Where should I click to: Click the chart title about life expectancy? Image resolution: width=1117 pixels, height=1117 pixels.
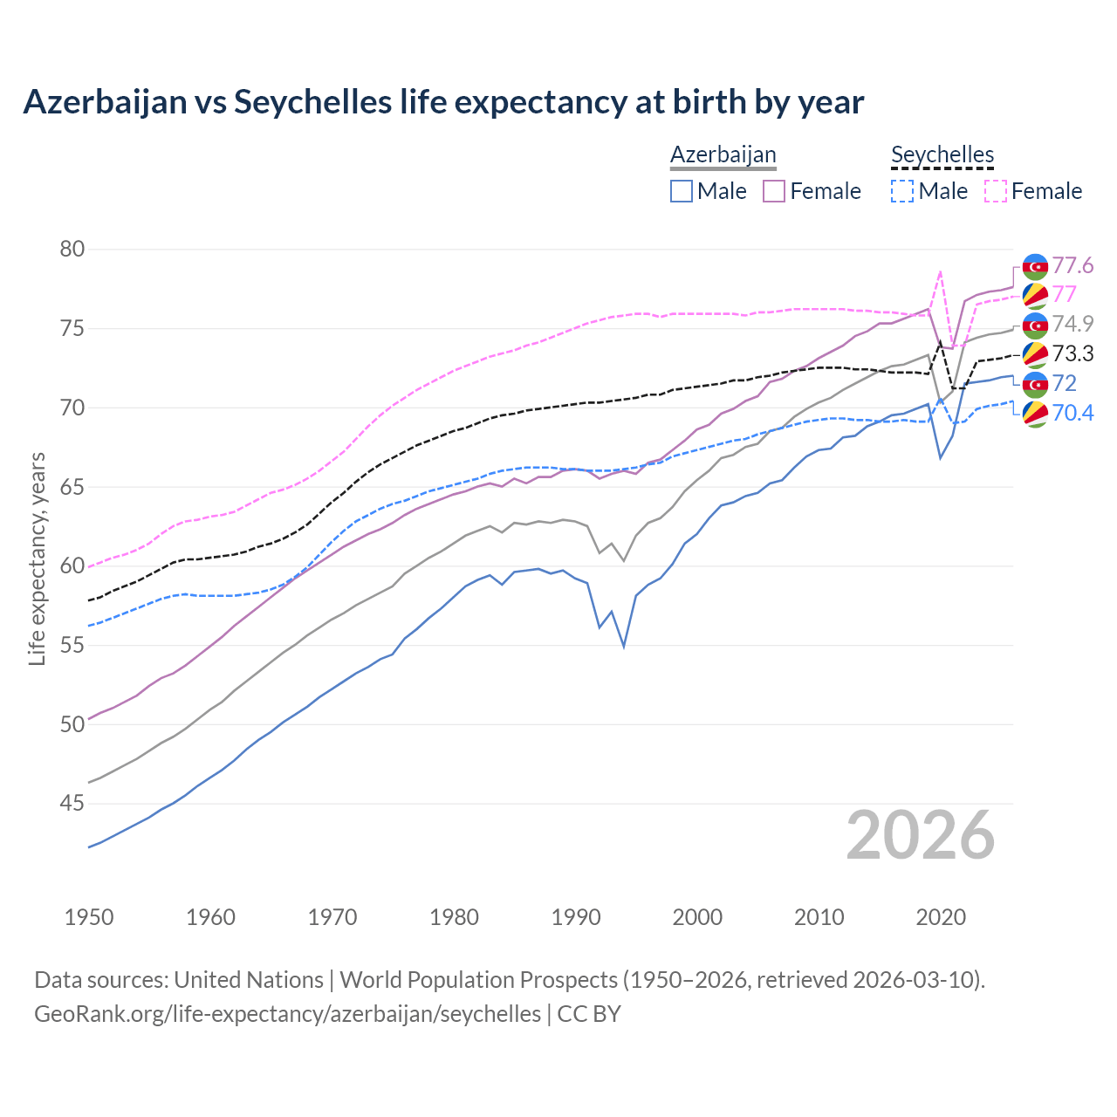(x=443, y=102)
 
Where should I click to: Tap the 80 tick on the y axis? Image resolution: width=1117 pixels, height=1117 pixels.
(x=72, y=250)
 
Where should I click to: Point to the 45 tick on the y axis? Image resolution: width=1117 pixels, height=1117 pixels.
(x=72, y=803)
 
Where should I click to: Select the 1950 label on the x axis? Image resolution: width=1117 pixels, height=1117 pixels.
(x=89, y=917)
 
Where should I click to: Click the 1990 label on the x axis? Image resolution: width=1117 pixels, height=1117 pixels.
(x=576, y=917)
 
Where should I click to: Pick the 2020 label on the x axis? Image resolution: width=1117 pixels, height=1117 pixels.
(x=941, y=917)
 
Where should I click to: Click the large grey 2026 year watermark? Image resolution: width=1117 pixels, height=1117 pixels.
(x=921, y=835)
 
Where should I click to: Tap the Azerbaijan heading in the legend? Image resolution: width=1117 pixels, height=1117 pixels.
(x=723, y=154)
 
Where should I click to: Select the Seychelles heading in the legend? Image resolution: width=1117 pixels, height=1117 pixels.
(x=942, y=154)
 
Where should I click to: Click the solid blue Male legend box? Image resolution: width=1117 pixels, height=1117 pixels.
(x=682, y=191)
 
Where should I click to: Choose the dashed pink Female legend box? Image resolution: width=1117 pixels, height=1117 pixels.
(x=995, y=191)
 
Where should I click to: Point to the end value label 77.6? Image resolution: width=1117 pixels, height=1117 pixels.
(x=1072, y=265)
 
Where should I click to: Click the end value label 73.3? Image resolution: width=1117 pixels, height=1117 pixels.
(x=1072, y=353)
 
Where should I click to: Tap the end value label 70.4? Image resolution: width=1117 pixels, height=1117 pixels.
(x=1072, y=413)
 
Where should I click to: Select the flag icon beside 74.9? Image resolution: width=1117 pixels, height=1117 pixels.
(x=1035, y=326)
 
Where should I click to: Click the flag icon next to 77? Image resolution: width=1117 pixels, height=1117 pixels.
(x=1035, y=295)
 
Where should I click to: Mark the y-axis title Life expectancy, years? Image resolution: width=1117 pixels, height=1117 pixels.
(x=38, y=558)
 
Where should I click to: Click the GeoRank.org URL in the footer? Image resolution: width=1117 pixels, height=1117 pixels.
(x=287, y=1014)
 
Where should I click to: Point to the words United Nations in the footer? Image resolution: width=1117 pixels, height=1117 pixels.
(x=249, y=980)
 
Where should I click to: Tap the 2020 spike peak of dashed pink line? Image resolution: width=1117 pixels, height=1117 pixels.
(x=940, y=271)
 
